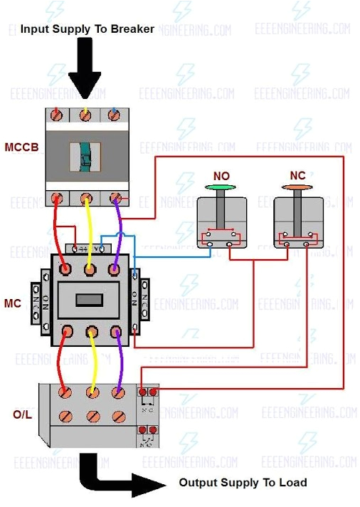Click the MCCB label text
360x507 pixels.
(x=21, y=148)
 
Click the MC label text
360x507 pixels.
(x=14, y=303)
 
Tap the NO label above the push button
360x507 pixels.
(x=221, y=176)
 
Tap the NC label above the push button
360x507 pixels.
(x=297, y=175)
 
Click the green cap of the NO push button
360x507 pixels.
(x=221, y=189)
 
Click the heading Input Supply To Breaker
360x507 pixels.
(x=87, y=29)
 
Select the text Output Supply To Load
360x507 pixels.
(x=243, y=482)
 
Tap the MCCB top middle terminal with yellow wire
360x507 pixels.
(x=87, y=114)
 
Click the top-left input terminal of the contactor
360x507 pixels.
(x=65, y=270)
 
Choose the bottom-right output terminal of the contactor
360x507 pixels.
(x=115, y=332)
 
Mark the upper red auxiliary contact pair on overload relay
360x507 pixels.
(x=149, y=392)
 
